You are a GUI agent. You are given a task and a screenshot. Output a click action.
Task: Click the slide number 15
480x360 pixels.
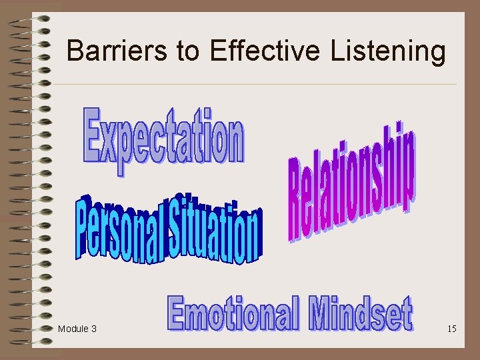coord(452,329)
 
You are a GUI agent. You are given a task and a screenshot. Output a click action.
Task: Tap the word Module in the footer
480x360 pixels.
coord(73,329)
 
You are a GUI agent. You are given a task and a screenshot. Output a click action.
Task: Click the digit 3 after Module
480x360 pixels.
coord(93,329)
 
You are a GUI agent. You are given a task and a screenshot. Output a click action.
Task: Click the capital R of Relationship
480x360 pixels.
coord(298,200)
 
